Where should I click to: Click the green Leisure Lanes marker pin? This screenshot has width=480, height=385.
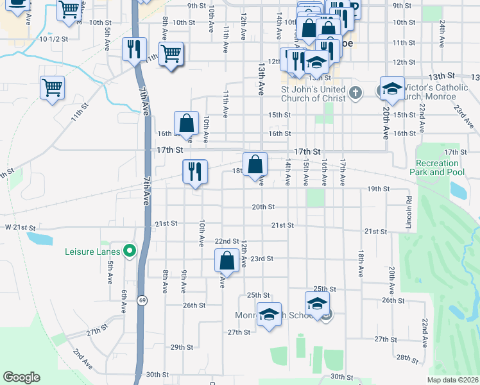(130, 252)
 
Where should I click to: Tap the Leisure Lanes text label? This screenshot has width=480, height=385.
(94, 252)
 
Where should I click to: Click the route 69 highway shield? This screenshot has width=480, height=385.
(142, 300)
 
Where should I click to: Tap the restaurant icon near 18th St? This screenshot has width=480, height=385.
(195, 171)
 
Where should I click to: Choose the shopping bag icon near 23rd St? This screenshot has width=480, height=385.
(226, 261)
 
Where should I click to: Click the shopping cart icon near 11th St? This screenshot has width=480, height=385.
(171, 55)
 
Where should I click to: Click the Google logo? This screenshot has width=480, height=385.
(21, 377)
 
